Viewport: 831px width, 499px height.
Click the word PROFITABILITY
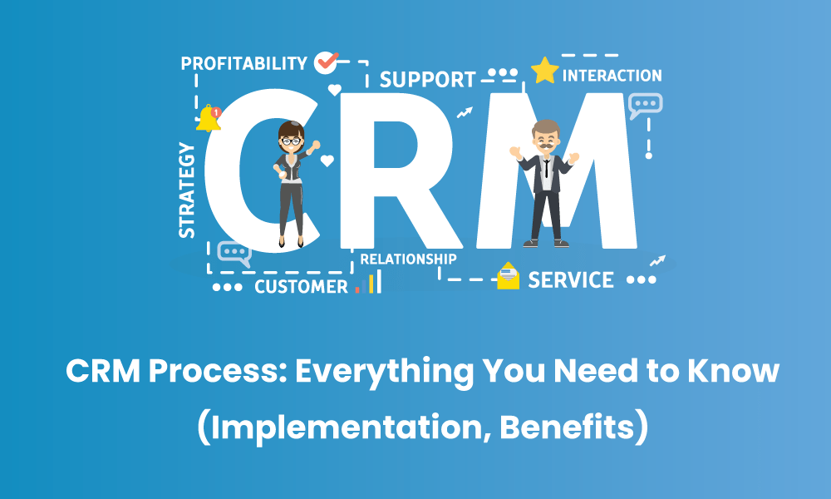243,63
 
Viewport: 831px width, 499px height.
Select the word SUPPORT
427,80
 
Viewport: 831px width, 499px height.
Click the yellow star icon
544,71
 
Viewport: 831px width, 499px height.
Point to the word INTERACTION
612,76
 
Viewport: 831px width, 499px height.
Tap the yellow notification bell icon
208,119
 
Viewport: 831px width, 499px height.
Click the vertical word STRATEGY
187,190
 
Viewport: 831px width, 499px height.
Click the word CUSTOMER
301,287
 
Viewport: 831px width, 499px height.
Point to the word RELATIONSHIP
408,259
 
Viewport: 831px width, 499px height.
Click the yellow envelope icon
508,276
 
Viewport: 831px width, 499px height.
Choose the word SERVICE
571,279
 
